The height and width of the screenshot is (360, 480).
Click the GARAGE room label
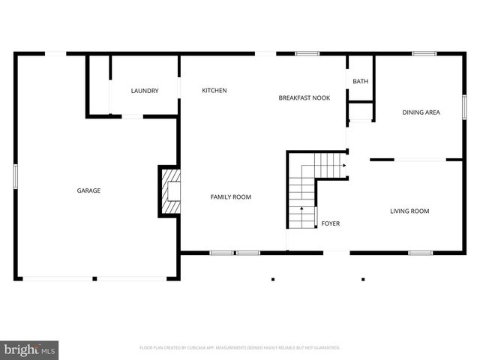tap(88, 190)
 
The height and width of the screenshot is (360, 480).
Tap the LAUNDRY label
tap(144, 91)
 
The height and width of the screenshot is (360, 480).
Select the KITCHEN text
tap(214, 91)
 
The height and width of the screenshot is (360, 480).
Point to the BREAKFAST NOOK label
tap(304, 97)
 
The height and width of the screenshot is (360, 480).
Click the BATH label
tap(361, 82)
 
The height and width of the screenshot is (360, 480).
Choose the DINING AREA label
tap(421, 112)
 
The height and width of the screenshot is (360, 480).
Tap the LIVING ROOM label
tap(409, 211)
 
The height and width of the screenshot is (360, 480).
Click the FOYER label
tap(331, 223)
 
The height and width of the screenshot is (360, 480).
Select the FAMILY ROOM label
tap(230, 196)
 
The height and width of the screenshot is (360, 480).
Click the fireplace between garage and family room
tap(170, 191)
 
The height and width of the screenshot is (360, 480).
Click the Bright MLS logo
tap(30, 349)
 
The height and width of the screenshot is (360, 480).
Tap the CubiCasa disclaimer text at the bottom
tap(240, 348)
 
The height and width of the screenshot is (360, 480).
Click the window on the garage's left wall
tap(16, 177)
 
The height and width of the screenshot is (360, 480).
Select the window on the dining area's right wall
tap(464, 105)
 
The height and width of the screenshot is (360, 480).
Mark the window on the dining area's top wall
tap(424, 53)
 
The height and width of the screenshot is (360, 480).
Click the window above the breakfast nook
tap(307, 53)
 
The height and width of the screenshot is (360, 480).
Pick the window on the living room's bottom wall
tap(420, 253)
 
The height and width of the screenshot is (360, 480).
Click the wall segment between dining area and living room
tap(382, 159)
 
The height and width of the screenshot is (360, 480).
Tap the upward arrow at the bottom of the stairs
tap(302, 212)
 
